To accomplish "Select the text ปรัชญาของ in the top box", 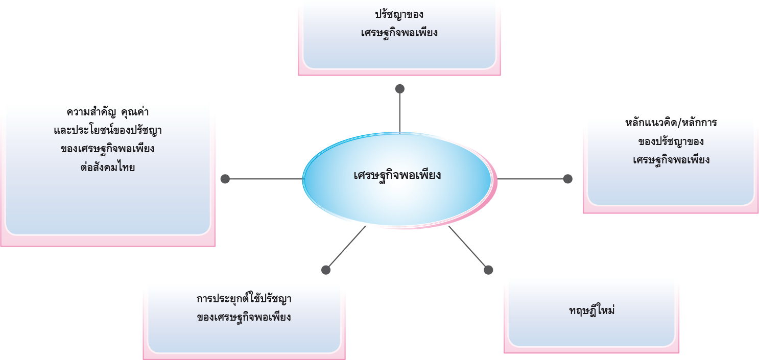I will click(399, 14).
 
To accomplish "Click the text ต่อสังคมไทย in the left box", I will click(108, 167).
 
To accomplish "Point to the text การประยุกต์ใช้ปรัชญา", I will click(244, 298).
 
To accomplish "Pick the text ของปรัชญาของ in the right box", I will click(671, 141).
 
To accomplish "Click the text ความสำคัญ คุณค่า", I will click(108, 111).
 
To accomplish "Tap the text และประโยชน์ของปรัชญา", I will click(108, 130).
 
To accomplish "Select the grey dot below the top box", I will click(399, 89).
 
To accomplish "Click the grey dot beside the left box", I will click(225, 179).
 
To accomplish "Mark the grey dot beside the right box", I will click(567, 179).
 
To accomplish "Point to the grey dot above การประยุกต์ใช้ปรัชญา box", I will click(326, 270).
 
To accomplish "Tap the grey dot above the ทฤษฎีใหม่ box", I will click(488, 270).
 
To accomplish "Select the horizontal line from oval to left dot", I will click(266, 179).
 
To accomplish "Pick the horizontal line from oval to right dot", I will click(531, 179).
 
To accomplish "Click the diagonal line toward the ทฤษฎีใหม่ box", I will click(467, 247).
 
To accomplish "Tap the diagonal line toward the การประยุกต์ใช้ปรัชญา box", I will click(346, 248).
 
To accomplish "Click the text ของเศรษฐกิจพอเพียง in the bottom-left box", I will click(244, 317).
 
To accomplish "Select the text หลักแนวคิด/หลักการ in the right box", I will click(671, 124).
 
